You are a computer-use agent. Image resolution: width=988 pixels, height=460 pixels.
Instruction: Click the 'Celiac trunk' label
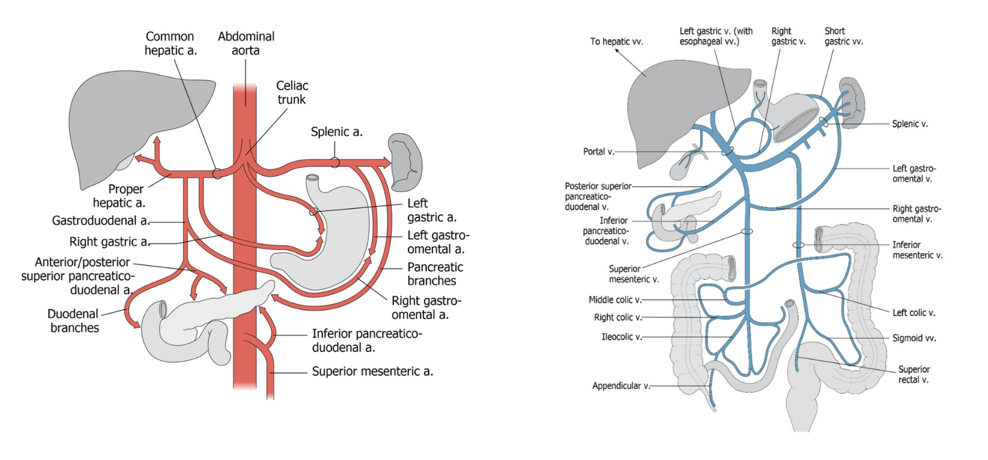[292, 93]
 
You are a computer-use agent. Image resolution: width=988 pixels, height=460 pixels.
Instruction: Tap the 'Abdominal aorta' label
[246, 44]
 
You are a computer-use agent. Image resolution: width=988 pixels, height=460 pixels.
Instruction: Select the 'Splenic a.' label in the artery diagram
[336, 132]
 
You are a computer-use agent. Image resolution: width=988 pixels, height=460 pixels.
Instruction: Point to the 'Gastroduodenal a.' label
[101, 221]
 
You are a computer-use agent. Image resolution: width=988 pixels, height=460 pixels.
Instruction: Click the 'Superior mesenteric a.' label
[372, 371]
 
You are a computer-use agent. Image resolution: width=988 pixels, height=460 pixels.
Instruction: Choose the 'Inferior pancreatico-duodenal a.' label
[367, 340]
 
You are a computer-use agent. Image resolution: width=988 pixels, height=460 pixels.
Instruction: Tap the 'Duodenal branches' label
[74, 320]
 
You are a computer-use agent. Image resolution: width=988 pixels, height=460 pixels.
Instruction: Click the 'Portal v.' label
[598, 152]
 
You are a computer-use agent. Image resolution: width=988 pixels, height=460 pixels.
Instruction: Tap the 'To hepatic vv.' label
[616, 42]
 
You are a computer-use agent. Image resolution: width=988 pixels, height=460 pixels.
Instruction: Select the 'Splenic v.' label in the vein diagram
[910, 124]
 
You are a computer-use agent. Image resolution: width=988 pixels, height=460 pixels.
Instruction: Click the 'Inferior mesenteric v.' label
[917, 250]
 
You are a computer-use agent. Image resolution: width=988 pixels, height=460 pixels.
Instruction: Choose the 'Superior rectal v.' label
[913, 374]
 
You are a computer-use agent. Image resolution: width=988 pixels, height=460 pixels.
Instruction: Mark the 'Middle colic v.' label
[615, 300]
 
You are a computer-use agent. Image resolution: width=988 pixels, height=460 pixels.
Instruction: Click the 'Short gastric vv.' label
[843, 36]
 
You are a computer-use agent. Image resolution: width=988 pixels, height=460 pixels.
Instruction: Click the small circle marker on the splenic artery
[335, 163]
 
